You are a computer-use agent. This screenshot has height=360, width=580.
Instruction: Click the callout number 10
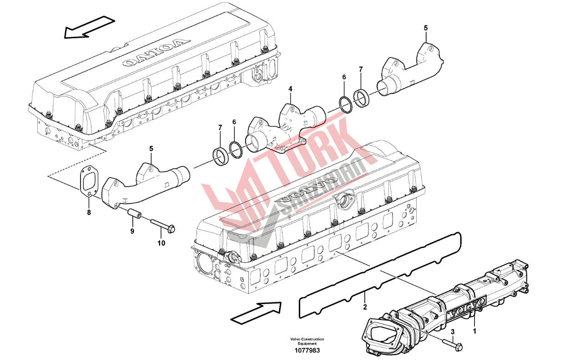[x=161, y=243]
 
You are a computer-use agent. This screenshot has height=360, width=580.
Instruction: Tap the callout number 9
[x=132, y=231]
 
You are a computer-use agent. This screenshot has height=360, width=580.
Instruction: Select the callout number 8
[x=89, y=213]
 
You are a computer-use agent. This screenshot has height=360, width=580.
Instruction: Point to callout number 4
[x=290, y=89]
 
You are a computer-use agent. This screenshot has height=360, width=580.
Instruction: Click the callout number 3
[x=453, y=331]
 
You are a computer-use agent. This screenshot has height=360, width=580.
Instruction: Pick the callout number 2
[x=365, y=307]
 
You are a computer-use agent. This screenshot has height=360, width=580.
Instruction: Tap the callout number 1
[x=474, y=331]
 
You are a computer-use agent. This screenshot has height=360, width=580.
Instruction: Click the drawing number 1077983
[x=307, y=350]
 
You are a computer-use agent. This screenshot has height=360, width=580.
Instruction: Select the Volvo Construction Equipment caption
[x=307, y=341]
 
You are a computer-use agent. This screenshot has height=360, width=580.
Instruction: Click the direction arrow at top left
[x=89, y=27]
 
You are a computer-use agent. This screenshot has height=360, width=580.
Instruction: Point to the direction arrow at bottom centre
[x=256, y=313]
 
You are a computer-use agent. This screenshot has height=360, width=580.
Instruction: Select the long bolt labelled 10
[x=163, y=225]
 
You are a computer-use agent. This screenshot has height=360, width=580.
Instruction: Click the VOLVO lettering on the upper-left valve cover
[x=156, y=53]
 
